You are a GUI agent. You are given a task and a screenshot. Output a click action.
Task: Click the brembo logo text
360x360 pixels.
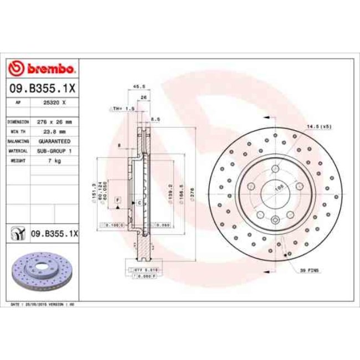point(48,69)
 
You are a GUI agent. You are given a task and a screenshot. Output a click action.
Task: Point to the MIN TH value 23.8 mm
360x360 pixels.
point(54,131)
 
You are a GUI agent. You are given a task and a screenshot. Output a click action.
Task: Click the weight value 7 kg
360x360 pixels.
point(54,160)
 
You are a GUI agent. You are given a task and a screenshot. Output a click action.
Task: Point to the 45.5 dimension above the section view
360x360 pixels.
point(140,86)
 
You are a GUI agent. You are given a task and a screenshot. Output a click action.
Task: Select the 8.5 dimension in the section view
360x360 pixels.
point(155,119)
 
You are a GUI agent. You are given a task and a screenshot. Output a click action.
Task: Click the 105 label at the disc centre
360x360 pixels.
point(278,188)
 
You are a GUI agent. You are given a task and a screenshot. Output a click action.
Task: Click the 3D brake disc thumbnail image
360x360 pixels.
point(41,272)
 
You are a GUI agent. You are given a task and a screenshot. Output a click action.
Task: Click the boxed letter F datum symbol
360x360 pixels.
point(118,199)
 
